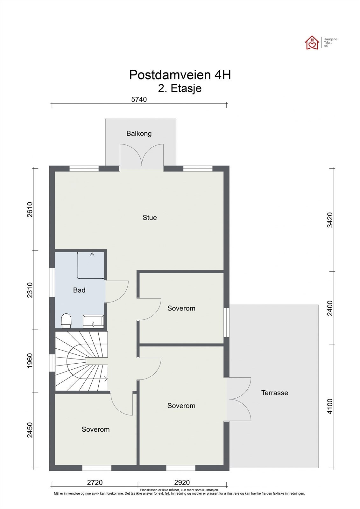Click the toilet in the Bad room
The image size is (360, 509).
click(x=66, y=321)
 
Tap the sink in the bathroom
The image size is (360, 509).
click(x=93, y=321)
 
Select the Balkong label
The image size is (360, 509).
click(x=139, y=133)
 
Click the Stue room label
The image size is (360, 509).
click(x=150, y=218)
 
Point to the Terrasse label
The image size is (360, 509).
click(x=274, y=393)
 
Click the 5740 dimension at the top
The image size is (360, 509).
click(x=139, y=99)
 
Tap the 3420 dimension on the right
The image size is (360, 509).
click(x=330, y=220)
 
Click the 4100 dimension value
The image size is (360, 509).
click(x=330, y=406)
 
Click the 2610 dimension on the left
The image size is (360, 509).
click(x=30, y=210)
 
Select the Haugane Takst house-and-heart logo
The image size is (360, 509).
click(x=312, y=43)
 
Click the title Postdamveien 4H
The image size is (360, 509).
click(x=180, y=75)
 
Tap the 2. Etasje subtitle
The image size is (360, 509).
click(x=180, y=88)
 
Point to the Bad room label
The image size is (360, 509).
click(x=79, y=290)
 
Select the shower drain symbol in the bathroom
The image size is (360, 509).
click(x=92, y=254)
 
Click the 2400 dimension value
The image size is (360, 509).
click(x=330, y=308)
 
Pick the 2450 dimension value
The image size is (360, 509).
click(x=30, y=430)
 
